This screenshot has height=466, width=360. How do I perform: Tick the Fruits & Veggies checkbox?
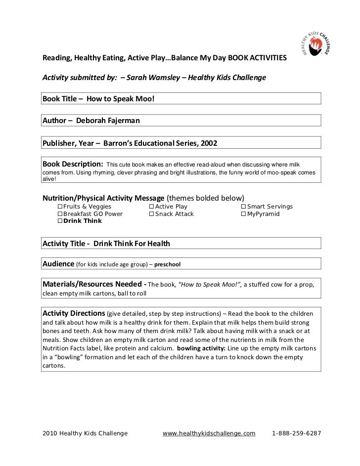click(x=60, y=207)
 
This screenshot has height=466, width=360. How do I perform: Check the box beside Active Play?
click(x=151, y=207)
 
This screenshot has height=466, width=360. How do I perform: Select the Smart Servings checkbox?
click(x=243, y=207)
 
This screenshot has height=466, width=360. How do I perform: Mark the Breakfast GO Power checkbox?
click(x=60, y=214)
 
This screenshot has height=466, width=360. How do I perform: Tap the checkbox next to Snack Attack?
click(x=151, y=214)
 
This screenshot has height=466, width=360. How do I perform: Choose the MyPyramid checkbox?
click(x=243, y=214)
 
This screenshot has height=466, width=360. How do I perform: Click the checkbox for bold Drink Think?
click(x=60, y=221)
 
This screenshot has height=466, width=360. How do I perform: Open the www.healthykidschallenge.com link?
click(x=209, y=433)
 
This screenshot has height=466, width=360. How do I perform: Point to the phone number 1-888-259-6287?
click(x=297, y=433)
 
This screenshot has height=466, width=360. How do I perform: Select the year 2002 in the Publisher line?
click(x=208, y=143)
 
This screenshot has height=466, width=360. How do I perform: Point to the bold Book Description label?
click(x=73, y=164)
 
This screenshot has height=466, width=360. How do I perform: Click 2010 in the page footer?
click(x=48, y=433)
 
